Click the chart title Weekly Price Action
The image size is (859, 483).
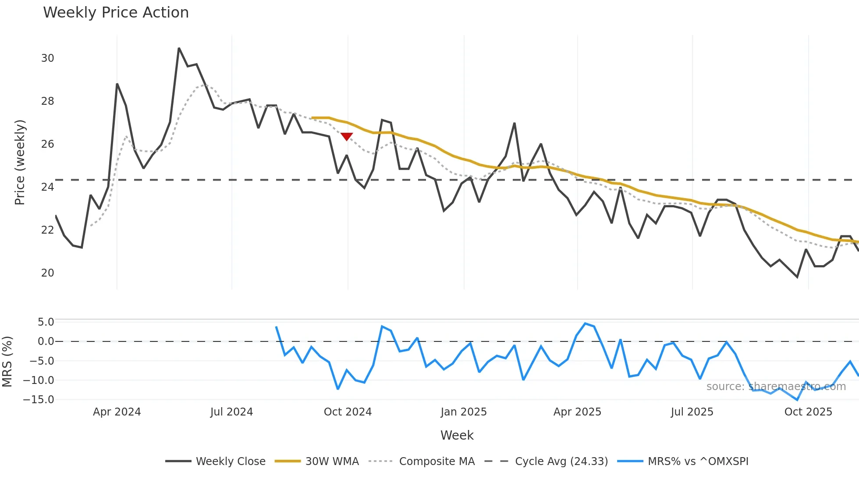pyautogui.click(x=116, y=13)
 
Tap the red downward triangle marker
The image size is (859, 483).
pyautogui.click(x=347, y=137)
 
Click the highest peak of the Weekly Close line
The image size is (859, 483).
pyautogui.click(x=179, y=49)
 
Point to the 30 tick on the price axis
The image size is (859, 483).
pyautogui.click(x=47, y=58)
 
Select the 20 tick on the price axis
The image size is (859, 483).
pyautogui.click(x=47, y=273)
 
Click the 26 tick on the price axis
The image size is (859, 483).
pyautogui.click(x=47, y=144)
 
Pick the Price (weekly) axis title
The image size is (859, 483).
pyautogui.click(x=20, y=162)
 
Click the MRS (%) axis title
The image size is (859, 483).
pyautogui.click(x=7, y=362)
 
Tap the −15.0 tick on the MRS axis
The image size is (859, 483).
pyautogui.click(x=39, y=400)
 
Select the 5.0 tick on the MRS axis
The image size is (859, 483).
pyautogui.click(x=46, y=322)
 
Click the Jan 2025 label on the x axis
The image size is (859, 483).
pyautogui.click(x=464, y=412)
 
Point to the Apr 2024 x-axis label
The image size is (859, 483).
pyautogui.click(x=117, y=412)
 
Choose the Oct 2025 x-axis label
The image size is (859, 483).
pyautogui.click(x=808, y=412)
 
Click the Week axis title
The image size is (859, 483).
pyautogui.click(x=457, y=435)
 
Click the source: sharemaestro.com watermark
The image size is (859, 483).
pyautogui.click(x=776, y=387)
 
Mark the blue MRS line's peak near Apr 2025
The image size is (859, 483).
pyautogui.click(x=585, y=323)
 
